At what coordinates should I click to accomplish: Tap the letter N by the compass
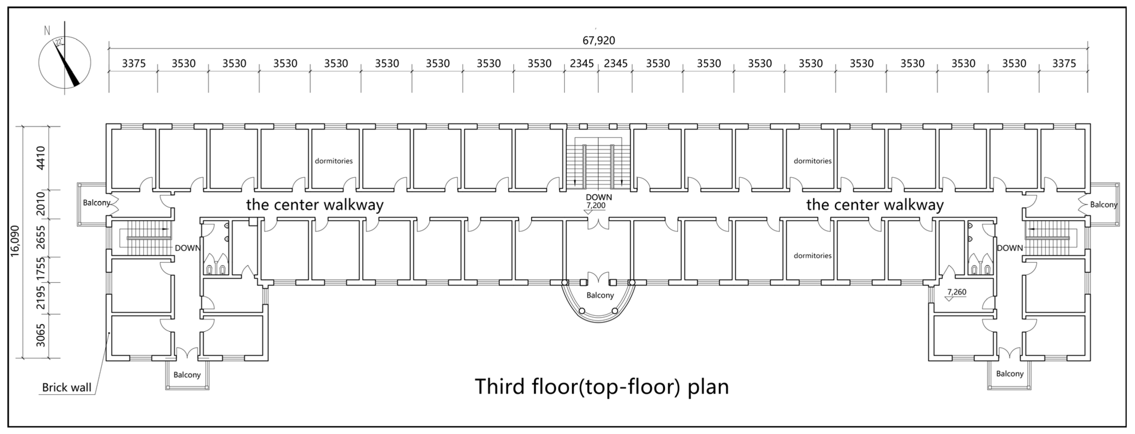[47, 31]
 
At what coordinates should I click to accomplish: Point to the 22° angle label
[59, 42]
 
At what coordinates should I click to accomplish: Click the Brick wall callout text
[67, 388]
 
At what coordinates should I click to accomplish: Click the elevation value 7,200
[596, 205]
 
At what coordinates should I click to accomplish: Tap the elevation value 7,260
[957, 292]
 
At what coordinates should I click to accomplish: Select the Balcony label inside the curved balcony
[600, 295]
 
